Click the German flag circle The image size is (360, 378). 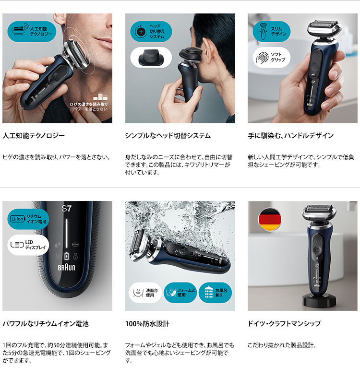269,219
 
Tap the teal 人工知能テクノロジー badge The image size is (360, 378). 32,32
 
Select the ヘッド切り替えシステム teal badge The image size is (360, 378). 151,32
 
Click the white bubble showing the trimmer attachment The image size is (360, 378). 151,58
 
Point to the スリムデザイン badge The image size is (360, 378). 272,32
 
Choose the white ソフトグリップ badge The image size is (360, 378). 272,58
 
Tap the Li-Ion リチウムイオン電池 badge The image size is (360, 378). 28,219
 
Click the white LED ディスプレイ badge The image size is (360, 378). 28,245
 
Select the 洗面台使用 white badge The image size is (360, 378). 145,293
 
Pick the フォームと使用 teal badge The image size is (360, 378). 180,293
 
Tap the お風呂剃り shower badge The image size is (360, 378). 215,293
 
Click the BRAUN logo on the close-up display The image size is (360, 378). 66,267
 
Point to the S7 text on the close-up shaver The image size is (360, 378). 67,208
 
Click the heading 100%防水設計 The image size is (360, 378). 147,323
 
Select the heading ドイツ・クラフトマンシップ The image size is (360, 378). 284,323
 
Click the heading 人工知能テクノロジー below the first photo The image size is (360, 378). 34,135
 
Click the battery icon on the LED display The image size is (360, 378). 67,256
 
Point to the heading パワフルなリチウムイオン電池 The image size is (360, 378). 46,323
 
